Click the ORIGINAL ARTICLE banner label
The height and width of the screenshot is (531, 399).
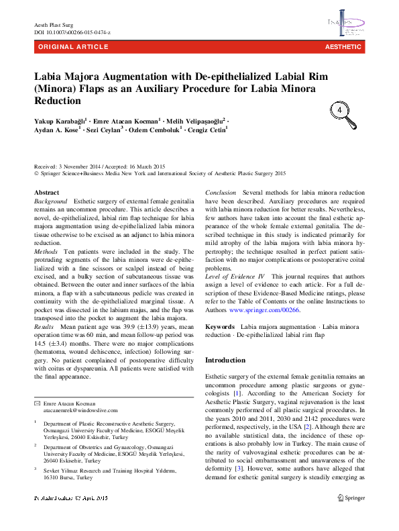(x=73, y=47)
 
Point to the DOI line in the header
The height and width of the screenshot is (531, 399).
(x=72, y=32)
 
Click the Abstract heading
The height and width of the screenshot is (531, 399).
(x=46, y=193)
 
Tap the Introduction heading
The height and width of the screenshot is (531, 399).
(x=225, y=360)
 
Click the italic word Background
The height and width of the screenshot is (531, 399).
(x=50, y=201)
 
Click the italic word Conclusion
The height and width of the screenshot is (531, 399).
(x=220, y=193)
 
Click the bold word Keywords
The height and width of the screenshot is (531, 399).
(x=219, y=326)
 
